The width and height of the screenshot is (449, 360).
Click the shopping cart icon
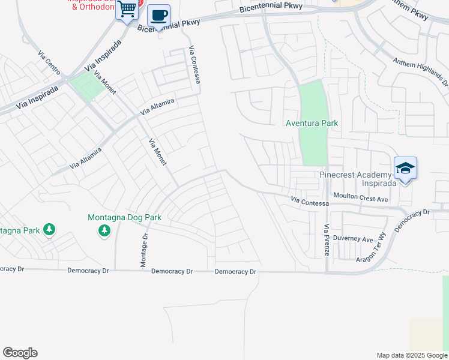(127, 10)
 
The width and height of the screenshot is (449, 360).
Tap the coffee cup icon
(158, 15)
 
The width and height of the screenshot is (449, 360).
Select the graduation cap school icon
(405, 168)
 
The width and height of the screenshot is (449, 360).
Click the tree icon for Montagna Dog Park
(105, 230)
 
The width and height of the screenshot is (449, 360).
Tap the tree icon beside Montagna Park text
(49, 230)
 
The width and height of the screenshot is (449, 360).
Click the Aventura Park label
(312, 123)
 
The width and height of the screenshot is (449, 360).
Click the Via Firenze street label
(327, 240)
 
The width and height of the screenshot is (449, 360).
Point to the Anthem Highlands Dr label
(421, 70)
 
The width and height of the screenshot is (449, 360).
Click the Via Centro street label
(49, 64)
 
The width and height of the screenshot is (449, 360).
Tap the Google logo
(20, 353)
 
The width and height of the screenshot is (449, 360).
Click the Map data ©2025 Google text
(411, 355)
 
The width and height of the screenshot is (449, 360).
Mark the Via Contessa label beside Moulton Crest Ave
(310, 202)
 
